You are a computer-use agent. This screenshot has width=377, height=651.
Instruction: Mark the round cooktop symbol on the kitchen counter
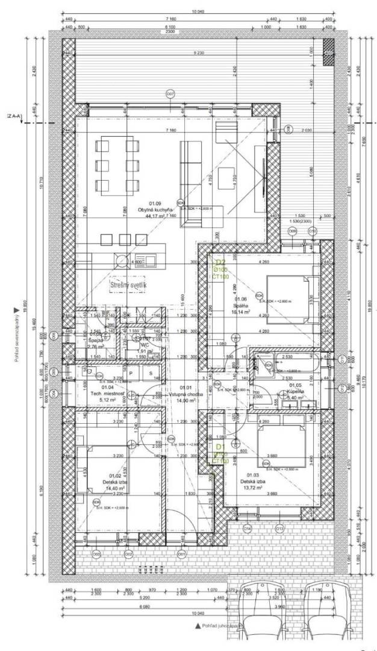click(x=122, y=261)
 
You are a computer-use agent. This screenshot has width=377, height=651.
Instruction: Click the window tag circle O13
click(x=280, y=529)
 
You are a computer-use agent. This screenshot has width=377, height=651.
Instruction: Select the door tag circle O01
click(x=180, y=554)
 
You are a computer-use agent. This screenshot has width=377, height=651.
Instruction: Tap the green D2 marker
click(x=220, y=262)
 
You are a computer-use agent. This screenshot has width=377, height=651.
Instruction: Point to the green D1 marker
click(x=220, y=447)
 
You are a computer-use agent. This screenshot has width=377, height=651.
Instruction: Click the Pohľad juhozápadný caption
click(x=221, y=626)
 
